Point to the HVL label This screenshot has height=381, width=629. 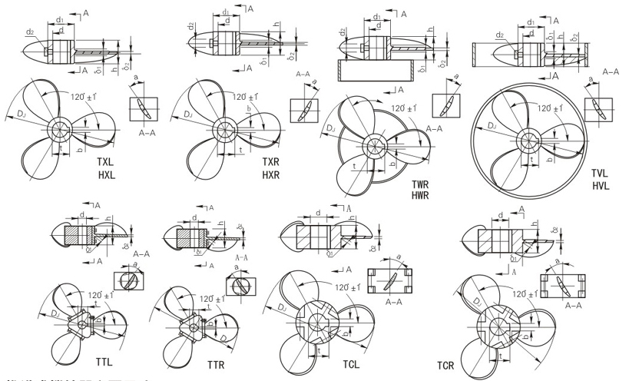[x=600, y=186]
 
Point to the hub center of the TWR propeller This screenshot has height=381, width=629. [x=377, y=144]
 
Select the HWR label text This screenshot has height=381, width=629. [x=420, y=197]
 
